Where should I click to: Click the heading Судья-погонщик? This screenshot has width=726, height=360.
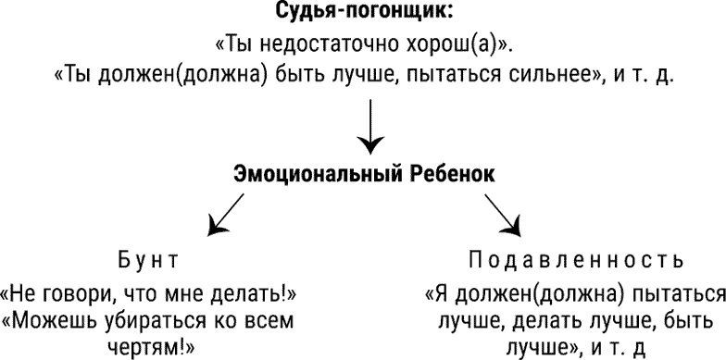point(363,14)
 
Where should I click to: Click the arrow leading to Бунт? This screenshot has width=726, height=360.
point(222,217)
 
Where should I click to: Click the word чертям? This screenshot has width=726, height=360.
point(144,349)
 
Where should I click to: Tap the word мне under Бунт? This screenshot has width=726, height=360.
point(205,296)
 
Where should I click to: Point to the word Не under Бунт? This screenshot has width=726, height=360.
point(28,296)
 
